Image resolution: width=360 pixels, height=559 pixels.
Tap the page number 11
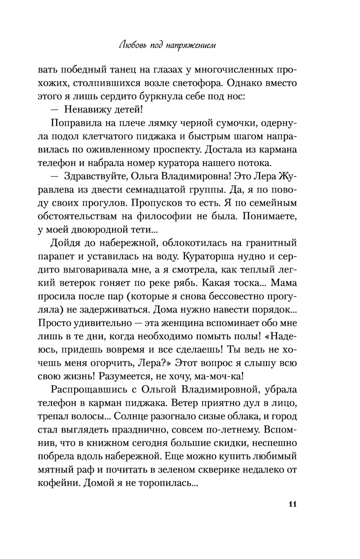(x=292, y=504)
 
